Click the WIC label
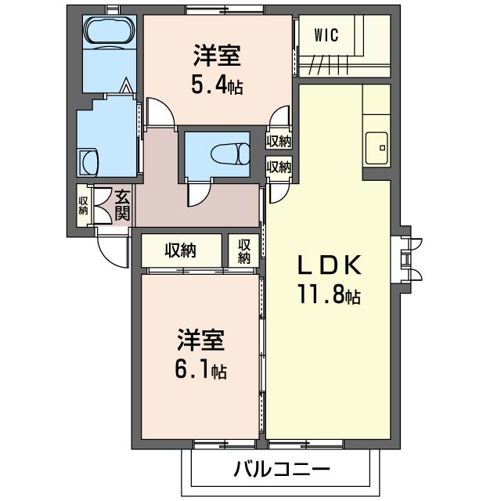tap(326, 35)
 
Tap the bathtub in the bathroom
tap(110, 32)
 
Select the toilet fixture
tap(230, 154)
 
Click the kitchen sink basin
tap(377, 148)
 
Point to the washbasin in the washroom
tap(88, 162)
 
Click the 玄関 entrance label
tap(122, 205)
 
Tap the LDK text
tap(330, 265)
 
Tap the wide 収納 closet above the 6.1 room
tap(180, 250)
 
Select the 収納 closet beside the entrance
tap(83, 206)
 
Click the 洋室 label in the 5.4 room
tap(217, 56)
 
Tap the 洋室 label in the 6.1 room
tap(201, 340)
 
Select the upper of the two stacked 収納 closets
tap(279, 141)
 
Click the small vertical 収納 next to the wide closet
tap(244, 251)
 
